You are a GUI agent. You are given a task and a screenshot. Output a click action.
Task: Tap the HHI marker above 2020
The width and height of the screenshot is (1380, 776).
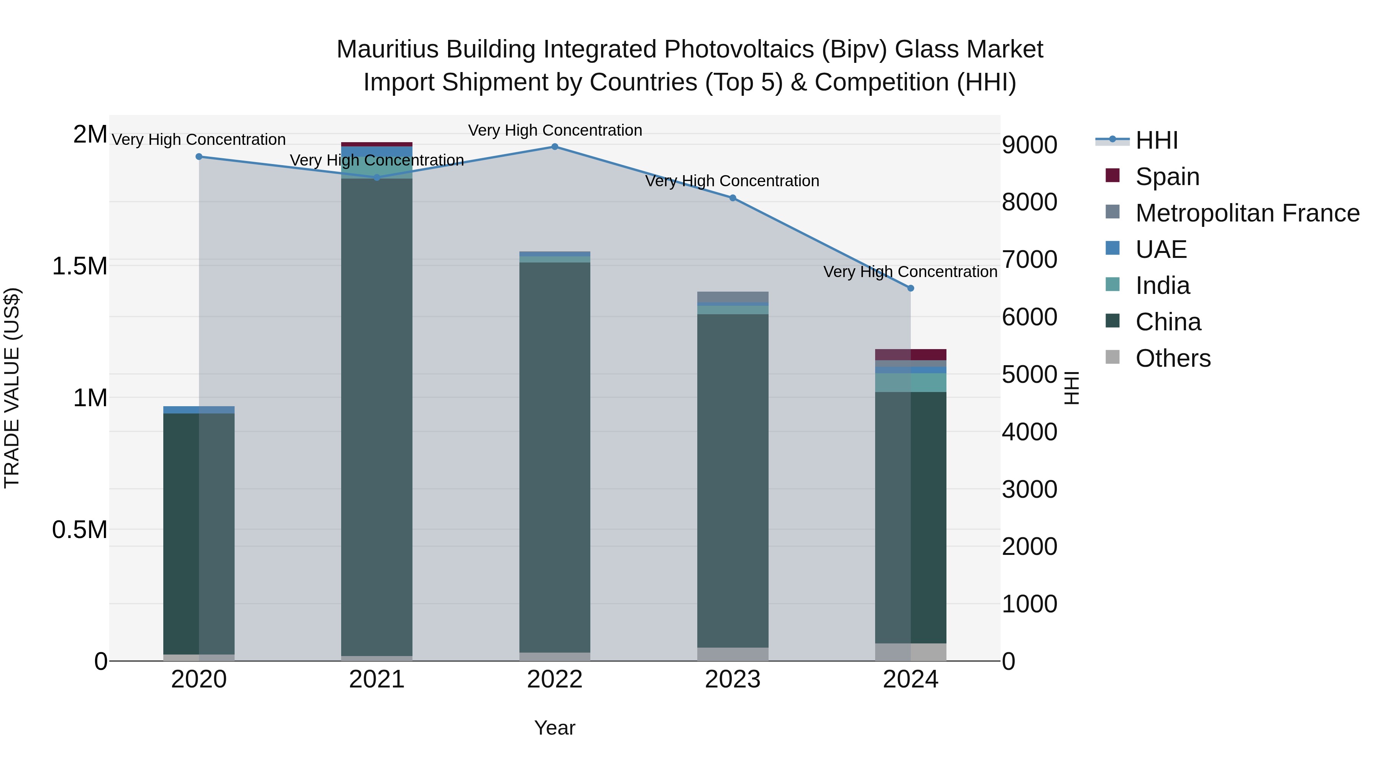[x=199, y=156]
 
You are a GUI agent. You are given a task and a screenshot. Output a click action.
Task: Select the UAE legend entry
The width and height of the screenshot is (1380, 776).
[x=1160, y=249]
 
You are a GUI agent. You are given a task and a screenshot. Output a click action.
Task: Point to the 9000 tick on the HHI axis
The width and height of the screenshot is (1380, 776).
[x=1029, y=145]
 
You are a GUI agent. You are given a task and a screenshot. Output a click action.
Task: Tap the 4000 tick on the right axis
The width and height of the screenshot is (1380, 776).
[x=1029, y=432]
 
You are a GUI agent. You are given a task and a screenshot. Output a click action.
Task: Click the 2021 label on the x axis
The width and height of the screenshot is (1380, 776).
[x=376, y=679]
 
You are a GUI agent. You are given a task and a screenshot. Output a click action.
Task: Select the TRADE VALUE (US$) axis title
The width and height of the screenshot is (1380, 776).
[x=12, y=388]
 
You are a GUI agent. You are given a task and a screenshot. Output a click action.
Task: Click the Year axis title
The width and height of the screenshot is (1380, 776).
[x=554, y=728]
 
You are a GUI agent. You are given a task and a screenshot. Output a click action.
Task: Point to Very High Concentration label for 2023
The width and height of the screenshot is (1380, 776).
[x=732, y=181]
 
